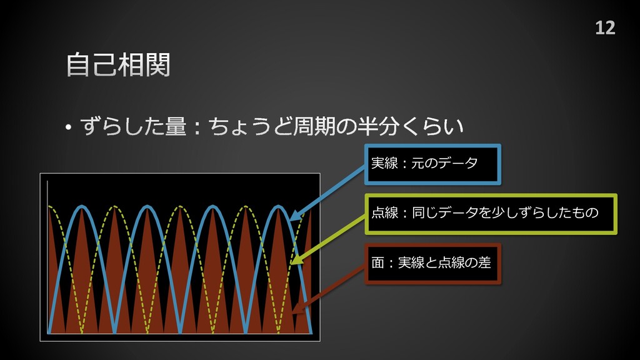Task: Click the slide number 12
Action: [604, 28]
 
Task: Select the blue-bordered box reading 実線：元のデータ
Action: [432, 164]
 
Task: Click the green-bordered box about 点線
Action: [491, 214]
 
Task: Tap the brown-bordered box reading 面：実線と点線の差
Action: [432, 263]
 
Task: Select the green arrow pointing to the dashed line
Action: [328, 237]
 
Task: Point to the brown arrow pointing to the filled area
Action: [328, 287]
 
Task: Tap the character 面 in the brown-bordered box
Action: [377, 263]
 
